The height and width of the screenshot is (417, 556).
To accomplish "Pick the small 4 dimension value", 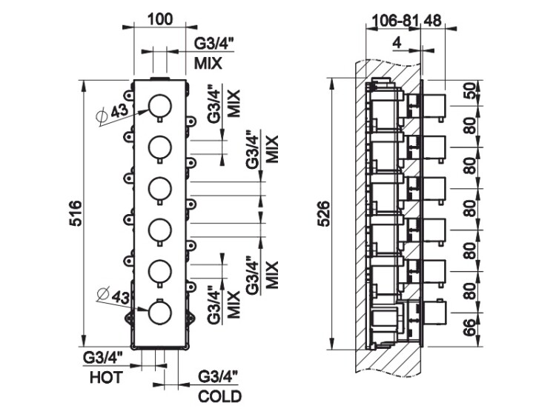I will click(x=397, y=44).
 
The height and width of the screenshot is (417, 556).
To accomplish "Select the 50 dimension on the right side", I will click(x=469, y=91).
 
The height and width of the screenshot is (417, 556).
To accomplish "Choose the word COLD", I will click(x=220, y=397).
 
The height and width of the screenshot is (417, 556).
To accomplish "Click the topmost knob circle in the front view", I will click(x=159, y=108).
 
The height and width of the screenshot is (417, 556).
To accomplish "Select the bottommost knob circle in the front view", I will click(x=159, y=313).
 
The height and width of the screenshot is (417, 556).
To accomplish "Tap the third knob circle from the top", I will click(x=159, y=190).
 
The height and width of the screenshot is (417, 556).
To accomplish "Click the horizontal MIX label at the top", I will click(x=208, y=63).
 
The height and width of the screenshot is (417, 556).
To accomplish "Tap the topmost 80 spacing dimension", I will click(x=469, y=126).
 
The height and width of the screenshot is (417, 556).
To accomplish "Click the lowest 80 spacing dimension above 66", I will click(x=469, y=289).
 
